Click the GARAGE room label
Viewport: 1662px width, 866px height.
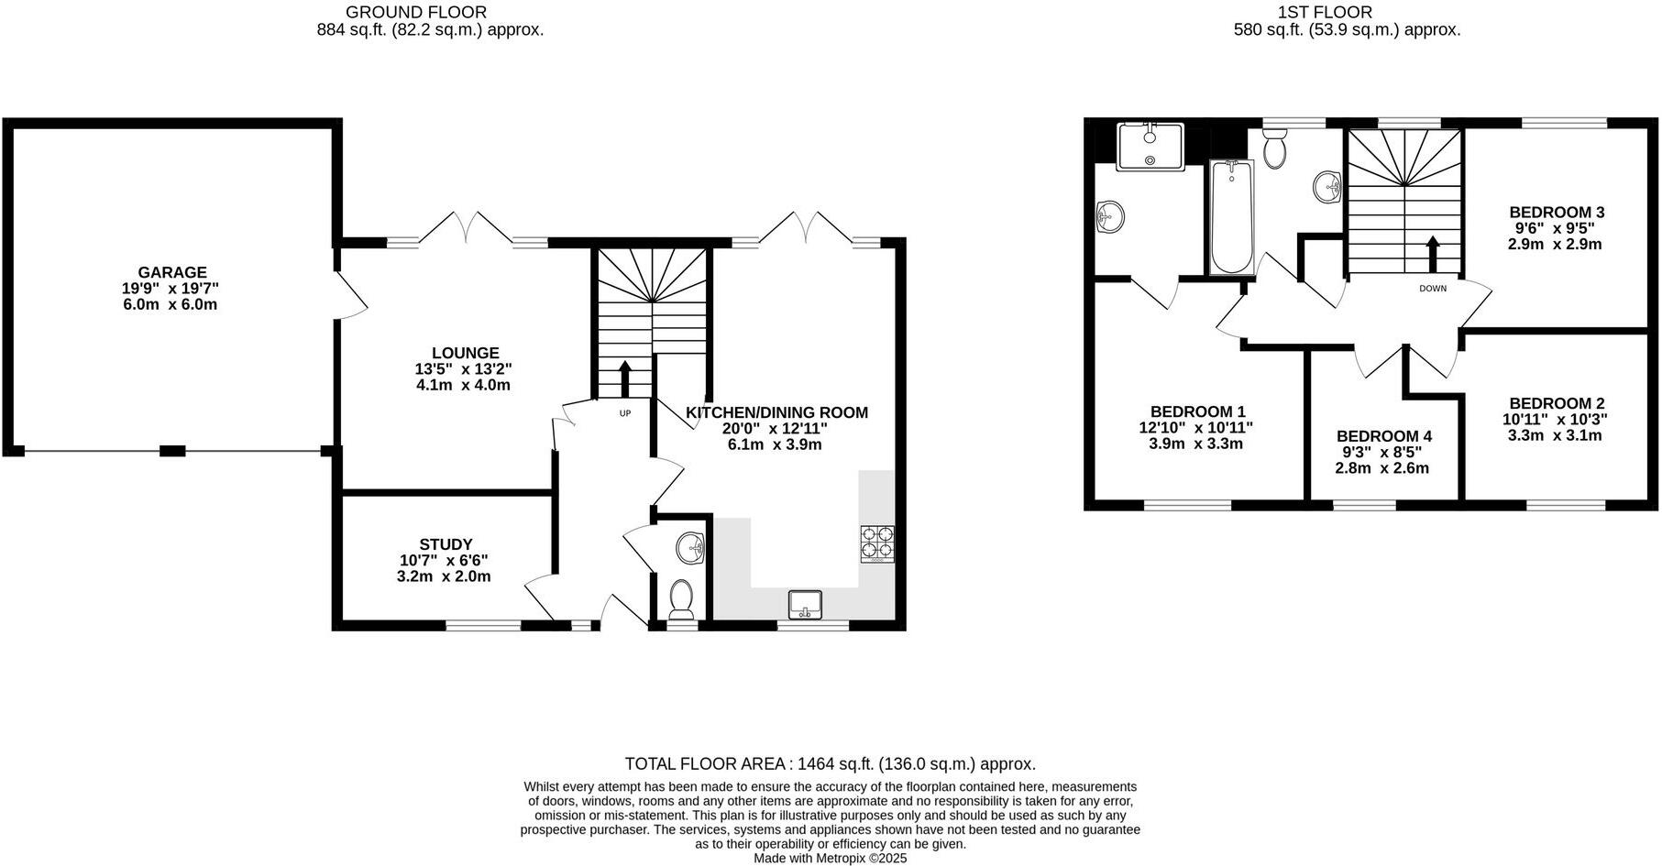[172, 272]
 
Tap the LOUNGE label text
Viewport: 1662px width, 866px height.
[466, 353]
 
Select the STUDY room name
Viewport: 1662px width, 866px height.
[446, 544]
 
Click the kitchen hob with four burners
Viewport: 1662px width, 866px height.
[877, 544]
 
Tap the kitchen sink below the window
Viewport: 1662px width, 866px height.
[806, 605]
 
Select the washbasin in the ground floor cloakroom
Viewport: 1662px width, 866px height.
[690, 549]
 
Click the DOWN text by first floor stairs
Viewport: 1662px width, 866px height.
[1433, 289]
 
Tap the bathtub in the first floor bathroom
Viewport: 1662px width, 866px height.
[1231, 218]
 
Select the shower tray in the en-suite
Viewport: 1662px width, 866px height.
[1150, 147]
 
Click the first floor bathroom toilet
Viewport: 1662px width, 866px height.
[1275, 148]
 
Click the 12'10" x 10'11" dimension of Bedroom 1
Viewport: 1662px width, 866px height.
[1197, 427]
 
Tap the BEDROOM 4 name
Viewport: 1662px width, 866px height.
[1383, 436]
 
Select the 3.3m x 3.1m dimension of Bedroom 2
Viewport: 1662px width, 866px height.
[1555, 435]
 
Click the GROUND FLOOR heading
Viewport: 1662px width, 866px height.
[416, 12]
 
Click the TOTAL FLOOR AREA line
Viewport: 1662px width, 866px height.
[830, 763]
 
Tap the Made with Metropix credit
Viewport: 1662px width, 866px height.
[830, 858]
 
